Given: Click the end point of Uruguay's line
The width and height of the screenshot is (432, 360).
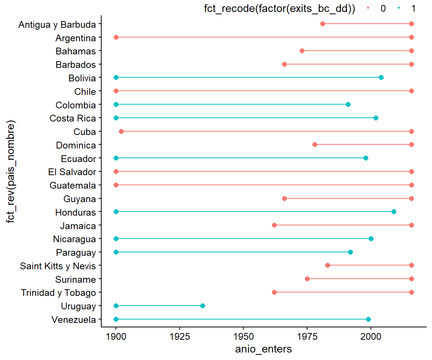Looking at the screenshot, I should [x=202, y=306].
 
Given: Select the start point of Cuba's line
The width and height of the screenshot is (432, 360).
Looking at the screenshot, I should [x=121, y=131].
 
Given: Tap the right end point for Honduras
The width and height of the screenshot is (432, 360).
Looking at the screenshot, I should [x=394, y=212].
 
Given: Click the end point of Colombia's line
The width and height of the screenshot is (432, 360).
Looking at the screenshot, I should [x=348, y=104].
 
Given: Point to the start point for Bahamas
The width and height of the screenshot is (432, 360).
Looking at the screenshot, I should [x=302, y=51].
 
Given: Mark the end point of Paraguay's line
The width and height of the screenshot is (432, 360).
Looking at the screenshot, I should [x=350, y=252].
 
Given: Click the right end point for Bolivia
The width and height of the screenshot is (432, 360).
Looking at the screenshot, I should [x=381, y=77].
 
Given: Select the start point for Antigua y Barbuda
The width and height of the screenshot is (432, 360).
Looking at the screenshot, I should [x=322, y=24].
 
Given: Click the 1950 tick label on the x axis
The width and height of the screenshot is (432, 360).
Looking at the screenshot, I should [x=244, y=336].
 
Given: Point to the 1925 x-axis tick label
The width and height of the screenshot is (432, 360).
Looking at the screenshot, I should [x=180, y=336].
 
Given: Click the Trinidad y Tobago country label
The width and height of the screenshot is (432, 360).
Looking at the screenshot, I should [x=58, y=292].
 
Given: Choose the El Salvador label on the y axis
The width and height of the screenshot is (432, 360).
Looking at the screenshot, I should [x=72, y=172].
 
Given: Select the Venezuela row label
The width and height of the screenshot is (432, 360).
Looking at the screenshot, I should [x=73, y=319].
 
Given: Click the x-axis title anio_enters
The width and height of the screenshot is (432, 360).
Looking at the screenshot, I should [x=264, y=349].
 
